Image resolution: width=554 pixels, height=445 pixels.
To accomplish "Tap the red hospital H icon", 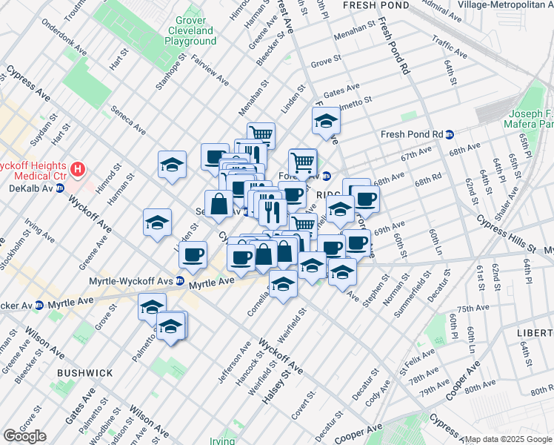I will tap(77, 171).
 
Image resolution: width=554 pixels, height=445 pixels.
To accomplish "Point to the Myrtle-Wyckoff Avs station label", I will tap(136, 282).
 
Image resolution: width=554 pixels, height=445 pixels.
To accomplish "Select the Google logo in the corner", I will tap(24, 436).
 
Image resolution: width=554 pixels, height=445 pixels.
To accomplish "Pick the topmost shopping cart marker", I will tap(261, 134).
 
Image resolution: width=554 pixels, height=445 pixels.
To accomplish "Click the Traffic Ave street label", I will tap(449, 49).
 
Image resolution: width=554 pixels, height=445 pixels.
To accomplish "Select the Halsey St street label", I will tap(275, 388).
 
